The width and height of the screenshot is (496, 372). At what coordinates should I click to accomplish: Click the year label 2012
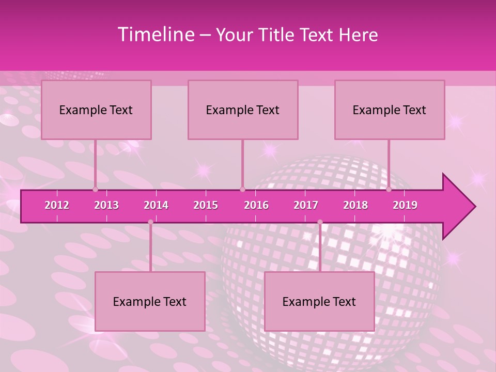(57, 205)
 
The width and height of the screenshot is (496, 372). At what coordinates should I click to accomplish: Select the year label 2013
(106, 205)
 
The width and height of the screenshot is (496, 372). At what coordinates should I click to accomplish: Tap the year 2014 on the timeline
(156, 205)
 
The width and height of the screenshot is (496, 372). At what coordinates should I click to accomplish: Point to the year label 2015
(206, 205)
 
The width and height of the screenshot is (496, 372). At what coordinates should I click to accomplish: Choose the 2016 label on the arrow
(256, 205)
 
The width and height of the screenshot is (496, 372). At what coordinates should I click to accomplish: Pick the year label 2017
(306, 205)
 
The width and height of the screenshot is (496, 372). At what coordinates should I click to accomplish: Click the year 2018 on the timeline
(355, 205)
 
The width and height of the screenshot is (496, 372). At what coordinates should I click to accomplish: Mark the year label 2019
(405, 205)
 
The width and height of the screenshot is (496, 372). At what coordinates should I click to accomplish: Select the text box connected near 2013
(96, 110)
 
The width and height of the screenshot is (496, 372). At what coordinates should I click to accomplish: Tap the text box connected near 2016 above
(243, 110)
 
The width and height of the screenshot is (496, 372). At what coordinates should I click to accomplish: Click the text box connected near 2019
(390, 110)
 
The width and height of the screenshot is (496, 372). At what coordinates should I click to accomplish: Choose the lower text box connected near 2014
(150, 301)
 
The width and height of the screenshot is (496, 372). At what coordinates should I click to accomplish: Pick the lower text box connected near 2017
(319, 301)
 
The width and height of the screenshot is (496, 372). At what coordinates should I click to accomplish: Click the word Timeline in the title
(155, 35)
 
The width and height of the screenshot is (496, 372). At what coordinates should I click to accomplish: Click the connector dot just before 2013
(95, 189)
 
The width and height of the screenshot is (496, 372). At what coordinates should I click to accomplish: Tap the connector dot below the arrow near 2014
(150, 222)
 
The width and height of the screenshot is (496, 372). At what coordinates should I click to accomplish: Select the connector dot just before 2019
(389, 189)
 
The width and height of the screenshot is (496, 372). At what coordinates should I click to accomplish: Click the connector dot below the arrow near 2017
(320, 222)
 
